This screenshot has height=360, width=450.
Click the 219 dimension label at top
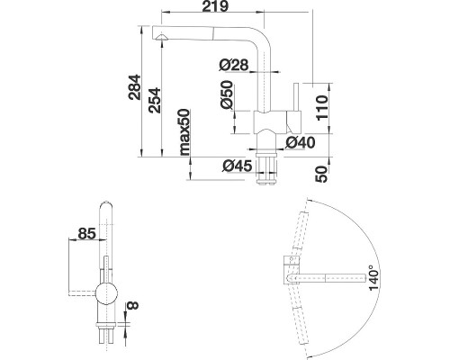(215, 6)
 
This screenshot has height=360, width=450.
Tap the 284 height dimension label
(134, 87)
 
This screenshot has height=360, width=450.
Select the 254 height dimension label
(155, 100)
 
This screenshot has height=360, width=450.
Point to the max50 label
(184, 132)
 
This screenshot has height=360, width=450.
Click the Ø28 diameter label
(234, 65)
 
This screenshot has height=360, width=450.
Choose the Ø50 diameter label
(227, 94)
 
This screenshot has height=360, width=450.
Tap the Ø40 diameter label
(301, 142)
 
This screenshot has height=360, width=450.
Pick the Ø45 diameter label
(238, 166)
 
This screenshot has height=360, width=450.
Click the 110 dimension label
(322, 107)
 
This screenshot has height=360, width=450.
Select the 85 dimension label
(86, 233)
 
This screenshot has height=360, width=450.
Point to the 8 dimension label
(132, 305)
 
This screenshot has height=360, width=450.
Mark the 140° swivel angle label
(374, 277)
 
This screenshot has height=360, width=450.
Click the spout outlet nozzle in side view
(162, 37)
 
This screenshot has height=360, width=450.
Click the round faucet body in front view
(106, 293)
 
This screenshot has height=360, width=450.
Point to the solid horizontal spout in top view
(327, 279)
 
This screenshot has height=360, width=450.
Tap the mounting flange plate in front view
(106, 324)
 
